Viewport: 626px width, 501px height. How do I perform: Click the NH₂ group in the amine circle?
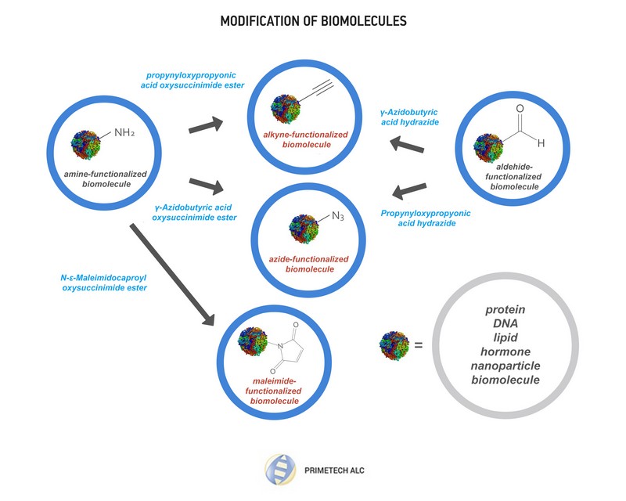[124, 132]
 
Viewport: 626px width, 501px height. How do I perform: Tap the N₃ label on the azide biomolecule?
[338, 216]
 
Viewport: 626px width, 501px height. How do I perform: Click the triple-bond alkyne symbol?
[317, 92]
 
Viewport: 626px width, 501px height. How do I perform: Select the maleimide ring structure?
[288, 348]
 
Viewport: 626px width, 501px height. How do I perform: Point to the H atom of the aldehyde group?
[541, 143]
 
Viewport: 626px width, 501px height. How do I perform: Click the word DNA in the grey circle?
[505, 323]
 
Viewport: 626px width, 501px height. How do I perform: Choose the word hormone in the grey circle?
[505, 351]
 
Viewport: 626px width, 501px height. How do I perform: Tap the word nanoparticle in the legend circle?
[505, 366]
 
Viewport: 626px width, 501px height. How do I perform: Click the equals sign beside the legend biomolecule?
[418, 344]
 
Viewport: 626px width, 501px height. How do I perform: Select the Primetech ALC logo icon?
[280, 470]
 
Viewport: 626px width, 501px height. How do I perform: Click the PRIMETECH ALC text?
[334, 470]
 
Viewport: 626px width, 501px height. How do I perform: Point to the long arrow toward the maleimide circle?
[172, 276]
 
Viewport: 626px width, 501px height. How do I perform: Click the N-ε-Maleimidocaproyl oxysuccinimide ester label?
[104, 283]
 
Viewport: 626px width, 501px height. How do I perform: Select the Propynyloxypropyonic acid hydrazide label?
[426, 218]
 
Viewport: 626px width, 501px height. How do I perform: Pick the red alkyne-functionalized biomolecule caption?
[306, 139]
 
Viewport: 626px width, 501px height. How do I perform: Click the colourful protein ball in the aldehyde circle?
[487, 148]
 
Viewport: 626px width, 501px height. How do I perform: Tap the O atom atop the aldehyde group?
[520, 109]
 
